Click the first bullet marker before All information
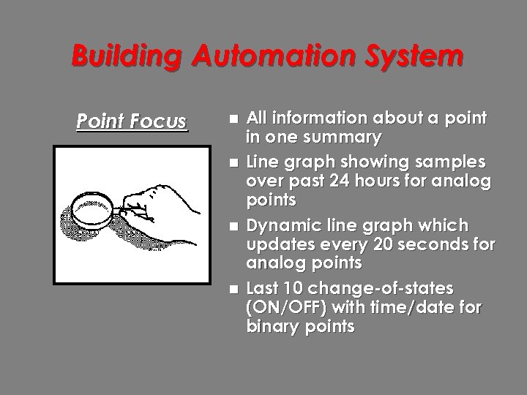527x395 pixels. (233, 119)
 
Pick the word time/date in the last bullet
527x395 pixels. (416, 308)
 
